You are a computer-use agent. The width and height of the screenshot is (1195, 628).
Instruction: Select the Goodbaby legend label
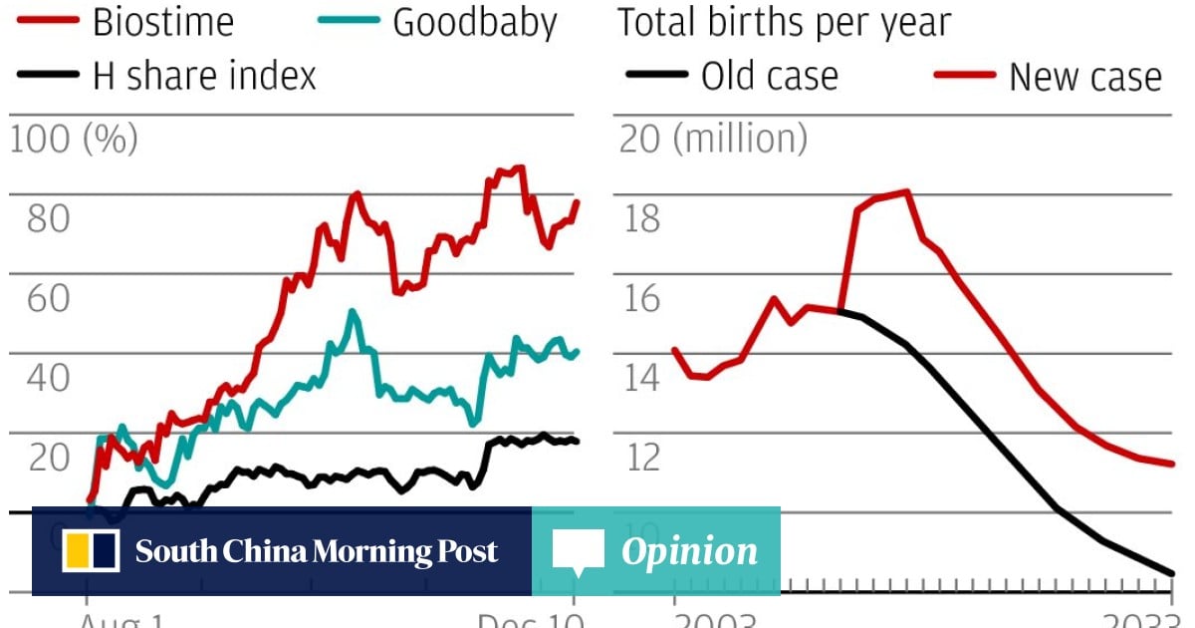point(474,23)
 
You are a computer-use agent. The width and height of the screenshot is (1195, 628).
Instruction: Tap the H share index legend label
point(204,76)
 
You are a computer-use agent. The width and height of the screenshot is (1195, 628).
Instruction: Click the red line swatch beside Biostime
point(45,23)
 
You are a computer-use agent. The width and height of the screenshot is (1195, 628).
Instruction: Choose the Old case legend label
point(769,76)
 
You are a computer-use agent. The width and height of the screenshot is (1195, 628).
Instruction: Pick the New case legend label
point(1084,76)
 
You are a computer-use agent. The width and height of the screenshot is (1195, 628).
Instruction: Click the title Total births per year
point(784,23)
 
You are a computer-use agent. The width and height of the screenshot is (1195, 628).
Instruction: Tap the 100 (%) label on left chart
point(74,140)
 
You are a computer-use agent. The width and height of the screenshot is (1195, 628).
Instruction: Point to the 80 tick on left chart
point(48,219)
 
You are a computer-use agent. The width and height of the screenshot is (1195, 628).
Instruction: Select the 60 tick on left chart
point(48,298)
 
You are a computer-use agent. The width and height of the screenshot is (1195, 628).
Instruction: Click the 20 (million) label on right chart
point(713,140)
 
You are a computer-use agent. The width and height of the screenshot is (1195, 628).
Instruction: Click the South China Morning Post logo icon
point(92,551)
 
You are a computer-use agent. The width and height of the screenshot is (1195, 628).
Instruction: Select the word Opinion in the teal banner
point(689,551)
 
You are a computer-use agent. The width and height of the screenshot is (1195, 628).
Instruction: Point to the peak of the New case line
point(906,191)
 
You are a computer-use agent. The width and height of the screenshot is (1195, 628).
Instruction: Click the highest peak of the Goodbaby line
point(352,312)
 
